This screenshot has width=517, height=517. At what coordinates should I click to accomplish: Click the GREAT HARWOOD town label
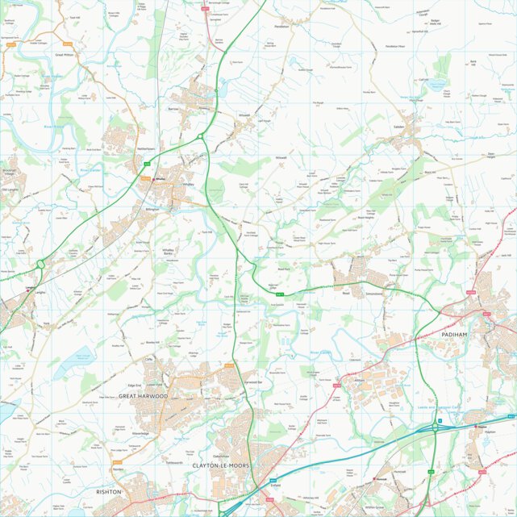point(142,396)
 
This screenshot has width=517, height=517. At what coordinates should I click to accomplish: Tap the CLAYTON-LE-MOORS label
point(222,466)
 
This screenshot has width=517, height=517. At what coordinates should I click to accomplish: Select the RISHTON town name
point(108,491)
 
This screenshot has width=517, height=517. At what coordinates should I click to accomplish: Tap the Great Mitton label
point(65,55)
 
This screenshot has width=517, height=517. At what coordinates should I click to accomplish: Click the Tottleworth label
point(174,463)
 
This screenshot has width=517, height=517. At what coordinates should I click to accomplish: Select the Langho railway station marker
point(30,288)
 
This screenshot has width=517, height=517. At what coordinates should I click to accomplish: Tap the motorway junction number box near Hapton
point(440,421)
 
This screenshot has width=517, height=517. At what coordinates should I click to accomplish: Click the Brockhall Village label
point(9,172)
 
